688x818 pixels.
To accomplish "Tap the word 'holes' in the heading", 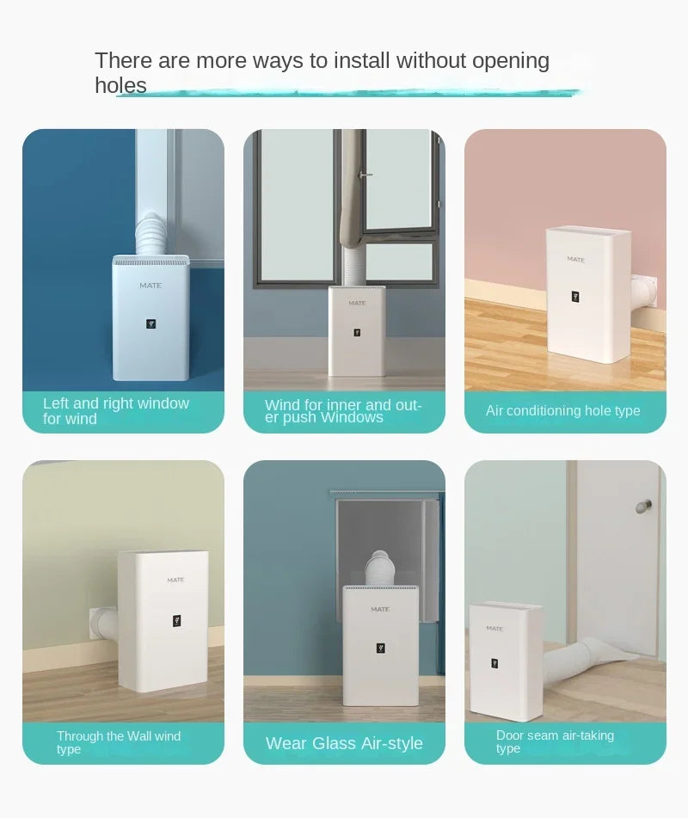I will [120, 85].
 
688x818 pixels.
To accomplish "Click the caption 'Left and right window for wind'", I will [116, 411].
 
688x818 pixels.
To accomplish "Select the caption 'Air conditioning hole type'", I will [562, 411].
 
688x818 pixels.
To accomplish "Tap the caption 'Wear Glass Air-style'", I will [344, 743].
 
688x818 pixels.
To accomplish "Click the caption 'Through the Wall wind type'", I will [119, 742].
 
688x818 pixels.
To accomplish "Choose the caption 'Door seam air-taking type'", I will [555, 741].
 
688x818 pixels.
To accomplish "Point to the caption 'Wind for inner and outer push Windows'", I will [343, 410].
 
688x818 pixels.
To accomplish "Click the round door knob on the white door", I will [643, 506].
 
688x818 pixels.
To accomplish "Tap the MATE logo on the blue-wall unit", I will [150, 286].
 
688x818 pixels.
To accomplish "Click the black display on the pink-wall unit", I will [574, 297].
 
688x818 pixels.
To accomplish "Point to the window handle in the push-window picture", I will [365, 175].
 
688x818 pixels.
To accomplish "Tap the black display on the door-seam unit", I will [494, 663].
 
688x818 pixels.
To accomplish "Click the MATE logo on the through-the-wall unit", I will [175, 581].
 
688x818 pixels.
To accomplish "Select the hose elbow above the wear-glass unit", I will [379, 567].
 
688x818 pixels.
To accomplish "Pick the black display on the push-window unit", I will [356, 332].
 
